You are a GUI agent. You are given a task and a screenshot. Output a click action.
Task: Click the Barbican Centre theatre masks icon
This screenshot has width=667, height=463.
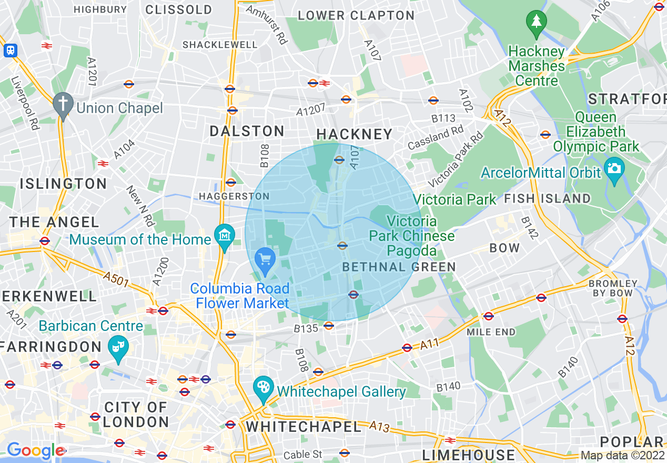pos(118,347)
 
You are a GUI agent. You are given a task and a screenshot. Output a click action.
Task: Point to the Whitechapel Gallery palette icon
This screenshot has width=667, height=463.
pos(263,388)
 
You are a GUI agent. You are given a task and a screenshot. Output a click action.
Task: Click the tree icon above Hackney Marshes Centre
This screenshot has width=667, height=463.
pos(536,22)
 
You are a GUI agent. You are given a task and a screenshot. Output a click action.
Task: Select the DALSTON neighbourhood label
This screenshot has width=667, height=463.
pos(247,131)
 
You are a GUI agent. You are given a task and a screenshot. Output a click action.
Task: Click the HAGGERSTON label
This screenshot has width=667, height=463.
pos(234,196)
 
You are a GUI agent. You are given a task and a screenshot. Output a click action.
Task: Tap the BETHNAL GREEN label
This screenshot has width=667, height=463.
pos(399,267)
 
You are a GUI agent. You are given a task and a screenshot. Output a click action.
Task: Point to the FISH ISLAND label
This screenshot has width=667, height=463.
pos(547,198)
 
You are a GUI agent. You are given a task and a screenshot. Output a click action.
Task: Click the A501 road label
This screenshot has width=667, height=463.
pos(116,280)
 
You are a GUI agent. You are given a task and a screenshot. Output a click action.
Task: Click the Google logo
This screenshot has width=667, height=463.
pos(35,450)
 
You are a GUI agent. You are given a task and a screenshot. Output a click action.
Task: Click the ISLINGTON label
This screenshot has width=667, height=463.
pos(63,184)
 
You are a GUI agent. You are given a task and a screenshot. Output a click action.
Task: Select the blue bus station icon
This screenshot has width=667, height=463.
pos(11,51)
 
